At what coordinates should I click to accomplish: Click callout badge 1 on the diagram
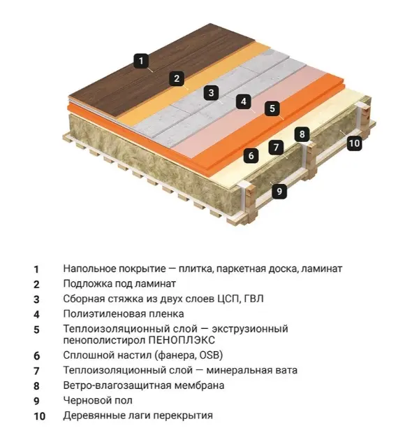pyautogui.click(x=141, y=61)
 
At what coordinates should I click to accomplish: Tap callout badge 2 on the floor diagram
pyautogui.click(x=177, y=78)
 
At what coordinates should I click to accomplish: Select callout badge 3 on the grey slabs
pyautogui.click(x=212, y=92)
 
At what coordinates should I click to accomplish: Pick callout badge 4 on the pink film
pyautogui.click(x=244, y=101)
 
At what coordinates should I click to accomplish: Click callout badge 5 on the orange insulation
pyautogui.click(x=272, y=108)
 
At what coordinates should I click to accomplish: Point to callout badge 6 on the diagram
pyautogui.click(x=251, y=155)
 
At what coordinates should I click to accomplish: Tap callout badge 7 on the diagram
pyautogui.click(x=276, y=147)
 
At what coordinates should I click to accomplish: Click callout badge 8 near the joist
pyautogui.click(x=302, y=134)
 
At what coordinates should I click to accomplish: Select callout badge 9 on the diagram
pyautogui.click(x=279, y=191)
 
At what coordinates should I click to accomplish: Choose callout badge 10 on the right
pyautogui.click(x=354, y=143)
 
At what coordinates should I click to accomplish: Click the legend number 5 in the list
pyautogui.click(x=36, y=329)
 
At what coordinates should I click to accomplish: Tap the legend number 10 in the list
pyautogui.click(x=40, y=416)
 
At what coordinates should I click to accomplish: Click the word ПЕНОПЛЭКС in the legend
pyautogui.click(x=182, y=340)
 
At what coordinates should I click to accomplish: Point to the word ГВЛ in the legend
pyautogui.click(x=254, y=299)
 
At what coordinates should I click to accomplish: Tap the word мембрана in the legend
pyautogui.click(x=199, y=385)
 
